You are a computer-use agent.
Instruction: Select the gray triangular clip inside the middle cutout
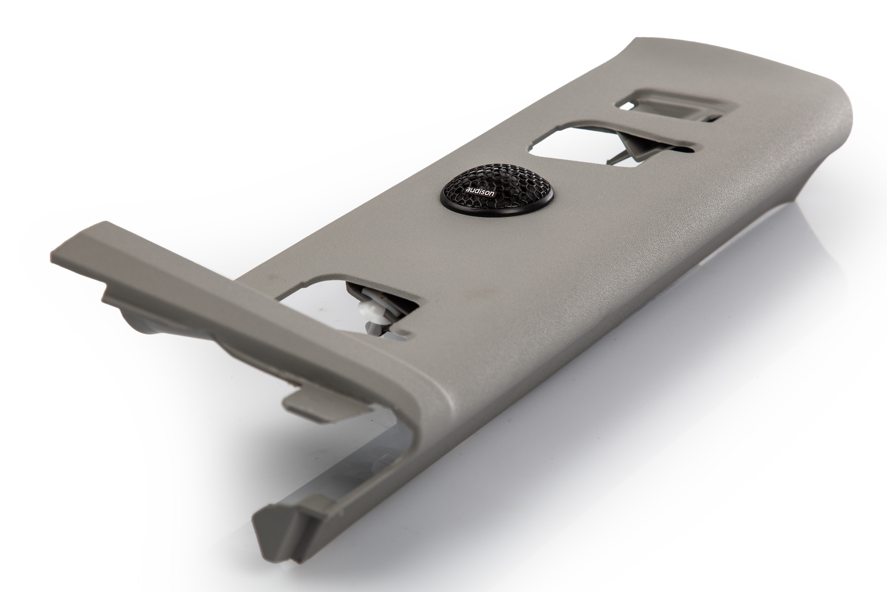pyautogui.click(x=641, y=145)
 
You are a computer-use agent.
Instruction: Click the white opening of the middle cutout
pyautogui.click(x=577, y=145)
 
